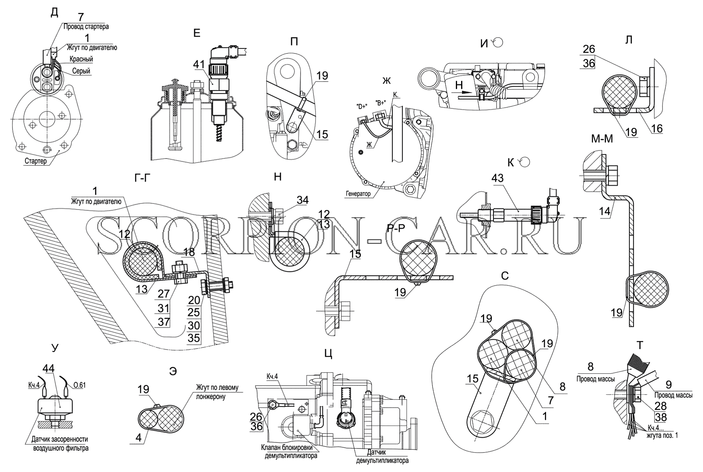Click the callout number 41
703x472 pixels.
(x=199, y=64)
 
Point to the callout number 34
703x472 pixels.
(x=303, y=200)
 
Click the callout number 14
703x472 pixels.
(x=605, y=212)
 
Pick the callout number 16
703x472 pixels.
(x=657, y=129)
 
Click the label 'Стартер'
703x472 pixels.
(x=35, y=161)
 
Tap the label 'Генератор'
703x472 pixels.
(x=358, y=194)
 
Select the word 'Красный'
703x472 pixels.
(x=81, y=59)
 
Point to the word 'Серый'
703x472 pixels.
(x=81, y=71)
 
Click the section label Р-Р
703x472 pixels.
(x=396, y=229)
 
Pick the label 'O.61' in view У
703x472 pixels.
(x=80, y=385)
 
